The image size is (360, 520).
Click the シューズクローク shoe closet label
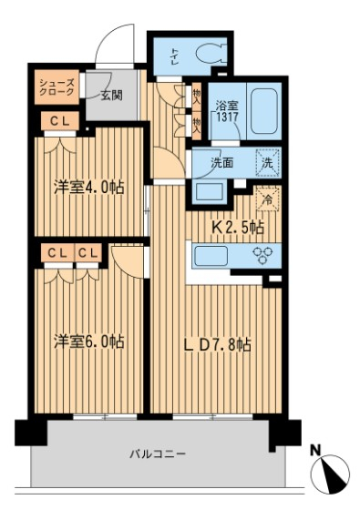[57, 88]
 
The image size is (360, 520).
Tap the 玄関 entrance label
[110, 92]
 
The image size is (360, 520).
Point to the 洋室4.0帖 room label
[88, 189]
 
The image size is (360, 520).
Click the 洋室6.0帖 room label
[88, 342]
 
